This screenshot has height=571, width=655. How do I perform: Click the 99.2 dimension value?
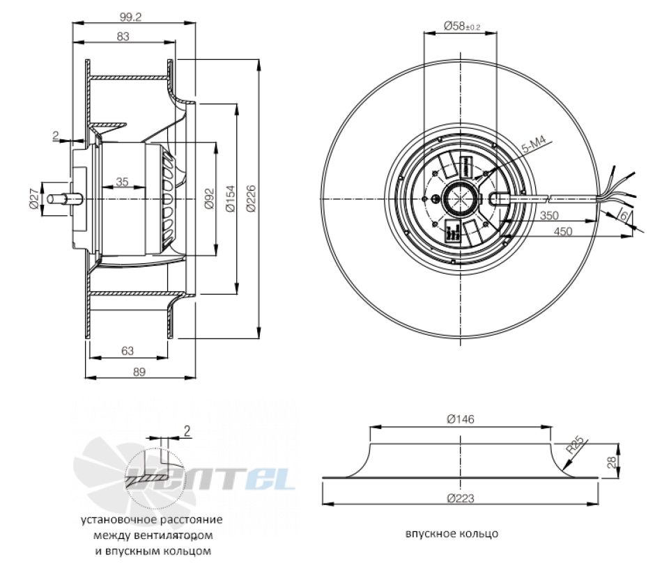[x=131, y=17]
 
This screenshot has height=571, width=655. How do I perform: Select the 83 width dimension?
[x=123, y=36]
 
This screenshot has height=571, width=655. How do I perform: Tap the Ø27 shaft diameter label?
[x=34, y=198]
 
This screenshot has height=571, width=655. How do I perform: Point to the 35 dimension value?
[x=122, y=182]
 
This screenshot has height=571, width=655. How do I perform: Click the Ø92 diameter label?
[x=209, y=198]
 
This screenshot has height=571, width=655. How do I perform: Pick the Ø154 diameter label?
[x=231, y=198]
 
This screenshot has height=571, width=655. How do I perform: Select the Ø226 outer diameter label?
[x=251, y=198]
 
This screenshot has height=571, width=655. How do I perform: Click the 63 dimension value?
[x=128, y=351]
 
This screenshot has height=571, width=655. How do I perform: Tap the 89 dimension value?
[x=139, y=371]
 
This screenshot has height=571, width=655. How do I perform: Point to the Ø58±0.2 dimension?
[x=461, y=26]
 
